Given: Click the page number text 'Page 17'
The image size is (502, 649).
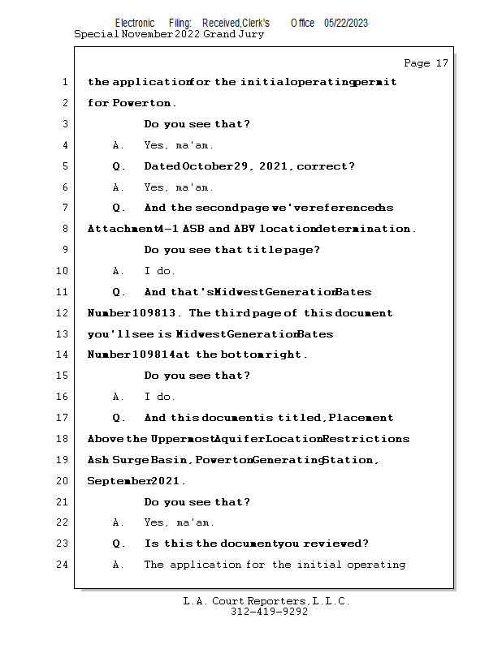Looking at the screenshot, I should click(426, 63).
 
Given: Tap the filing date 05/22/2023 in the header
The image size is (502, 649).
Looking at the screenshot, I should click(346, 24).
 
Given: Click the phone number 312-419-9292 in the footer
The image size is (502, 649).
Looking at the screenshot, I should click(269, 612).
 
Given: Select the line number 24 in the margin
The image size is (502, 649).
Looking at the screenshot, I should click(64, 565).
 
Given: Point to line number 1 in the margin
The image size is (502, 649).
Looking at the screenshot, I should click(64, 82).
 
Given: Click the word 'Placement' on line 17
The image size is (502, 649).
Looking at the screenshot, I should click(361, 418).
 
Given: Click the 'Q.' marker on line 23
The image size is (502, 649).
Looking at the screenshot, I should click(119, 544).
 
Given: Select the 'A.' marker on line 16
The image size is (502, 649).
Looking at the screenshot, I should click(119, 397).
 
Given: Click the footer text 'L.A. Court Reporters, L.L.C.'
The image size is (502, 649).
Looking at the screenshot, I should click(266, 601).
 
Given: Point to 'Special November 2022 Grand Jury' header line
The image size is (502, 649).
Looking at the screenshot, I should click(169, 34).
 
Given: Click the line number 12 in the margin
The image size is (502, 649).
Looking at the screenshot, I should click(64, 313).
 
